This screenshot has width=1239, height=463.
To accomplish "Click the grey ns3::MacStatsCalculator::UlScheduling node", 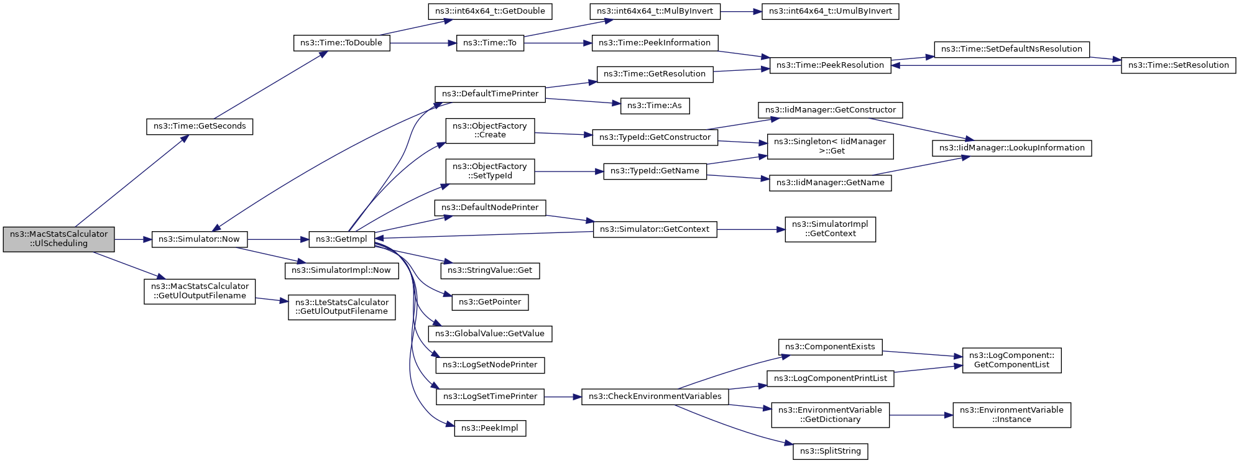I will click(58, 239).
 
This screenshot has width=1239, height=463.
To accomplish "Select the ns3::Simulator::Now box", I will click(199, 239).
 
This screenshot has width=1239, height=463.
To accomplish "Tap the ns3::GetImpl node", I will click(341, 239).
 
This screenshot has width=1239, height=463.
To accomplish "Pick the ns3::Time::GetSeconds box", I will click(200, 126).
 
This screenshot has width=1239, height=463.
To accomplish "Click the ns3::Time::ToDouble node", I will click(341, 43).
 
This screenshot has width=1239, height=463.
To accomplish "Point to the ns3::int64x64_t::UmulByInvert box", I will click(830, 11).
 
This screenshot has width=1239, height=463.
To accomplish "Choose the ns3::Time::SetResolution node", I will click(1178, 65).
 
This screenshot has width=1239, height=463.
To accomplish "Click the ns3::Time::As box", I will click(654, 106).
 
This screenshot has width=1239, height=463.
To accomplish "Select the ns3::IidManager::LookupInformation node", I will click(1011, 148).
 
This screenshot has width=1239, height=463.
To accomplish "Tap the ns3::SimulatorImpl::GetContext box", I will click(830, 229).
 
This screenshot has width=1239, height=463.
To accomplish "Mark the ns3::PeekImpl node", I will click(490, 428).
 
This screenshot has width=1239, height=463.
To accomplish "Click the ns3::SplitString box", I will click(830, 451).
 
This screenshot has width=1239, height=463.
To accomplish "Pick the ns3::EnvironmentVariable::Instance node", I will click(1011, 415).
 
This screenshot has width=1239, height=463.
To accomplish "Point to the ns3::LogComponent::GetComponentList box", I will click(1011, 360).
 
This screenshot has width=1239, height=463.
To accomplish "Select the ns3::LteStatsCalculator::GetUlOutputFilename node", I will click(341, 307).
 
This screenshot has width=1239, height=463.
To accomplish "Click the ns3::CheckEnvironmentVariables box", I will click(655, 397).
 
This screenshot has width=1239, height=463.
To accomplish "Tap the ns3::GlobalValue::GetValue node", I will click(490, 334).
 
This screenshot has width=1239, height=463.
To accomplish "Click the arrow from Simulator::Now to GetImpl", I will click(278, 239).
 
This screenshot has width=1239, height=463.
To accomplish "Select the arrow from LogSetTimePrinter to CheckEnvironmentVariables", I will click(563, 397).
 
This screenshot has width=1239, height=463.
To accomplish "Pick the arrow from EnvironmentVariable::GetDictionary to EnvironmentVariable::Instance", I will click(921, 415).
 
